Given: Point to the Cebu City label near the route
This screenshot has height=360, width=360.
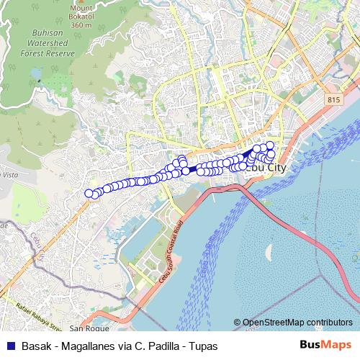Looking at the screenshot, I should coord(267,168).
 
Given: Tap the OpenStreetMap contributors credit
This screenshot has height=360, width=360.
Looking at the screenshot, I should coord(297,323).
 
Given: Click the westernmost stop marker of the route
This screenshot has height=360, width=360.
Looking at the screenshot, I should coord(89,193).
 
